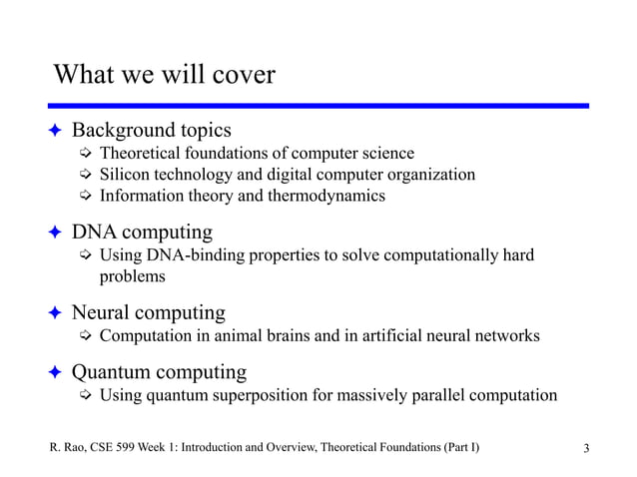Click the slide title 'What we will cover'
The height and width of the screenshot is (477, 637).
coord(164,74)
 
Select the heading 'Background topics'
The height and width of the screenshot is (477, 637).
coord(152,131)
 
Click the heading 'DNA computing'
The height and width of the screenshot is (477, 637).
coord(142,233)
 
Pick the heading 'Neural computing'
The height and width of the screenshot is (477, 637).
coord(149,313)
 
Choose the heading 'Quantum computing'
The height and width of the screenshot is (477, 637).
coord(159,372)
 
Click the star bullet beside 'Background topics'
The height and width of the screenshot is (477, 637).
coord(57,132)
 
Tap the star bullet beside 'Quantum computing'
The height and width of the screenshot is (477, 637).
coord(57,373)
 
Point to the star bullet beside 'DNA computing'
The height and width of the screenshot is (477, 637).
coord(57,234)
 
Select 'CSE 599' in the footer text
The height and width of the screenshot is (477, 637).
coord(123,446)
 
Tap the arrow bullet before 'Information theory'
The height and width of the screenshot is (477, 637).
coord(86,197)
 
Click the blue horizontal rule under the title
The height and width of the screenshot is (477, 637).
coord(318,105)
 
